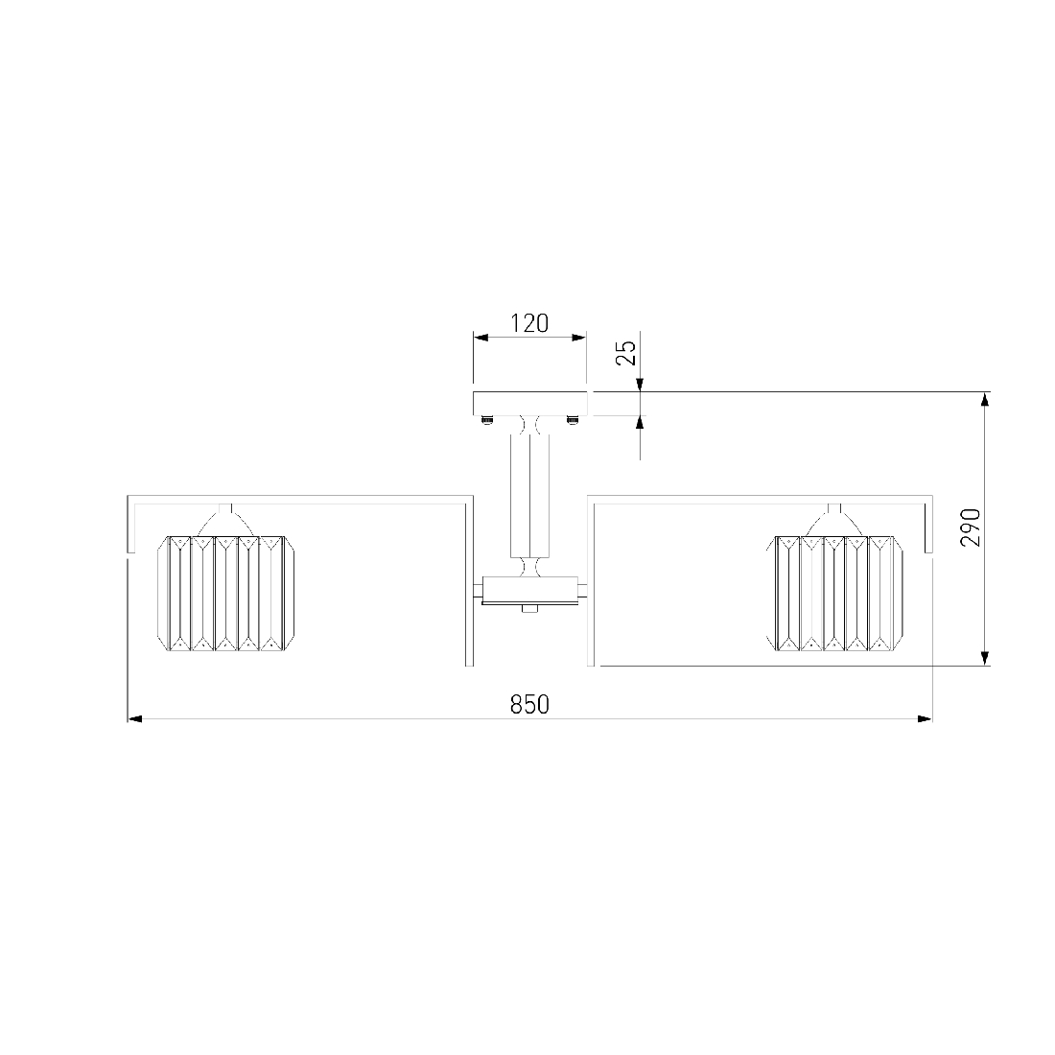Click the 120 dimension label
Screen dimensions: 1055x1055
pyautogui.click(x=529, y=323)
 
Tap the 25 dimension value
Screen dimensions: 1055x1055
pyautogui.click(x=626, y=353)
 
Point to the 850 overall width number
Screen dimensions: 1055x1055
pyautogui.click(x=529, y=705)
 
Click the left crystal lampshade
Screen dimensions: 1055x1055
pyautogui.click(x=225, y=594)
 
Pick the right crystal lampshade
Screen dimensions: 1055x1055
pyautogui.click(x=834, y=594)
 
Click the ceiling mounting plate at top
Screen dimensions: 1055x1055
pyautogui.click(x=530, y=404)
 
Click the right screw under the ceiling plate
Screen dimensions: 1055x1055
pyautogui.click(x=573, y=420)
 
